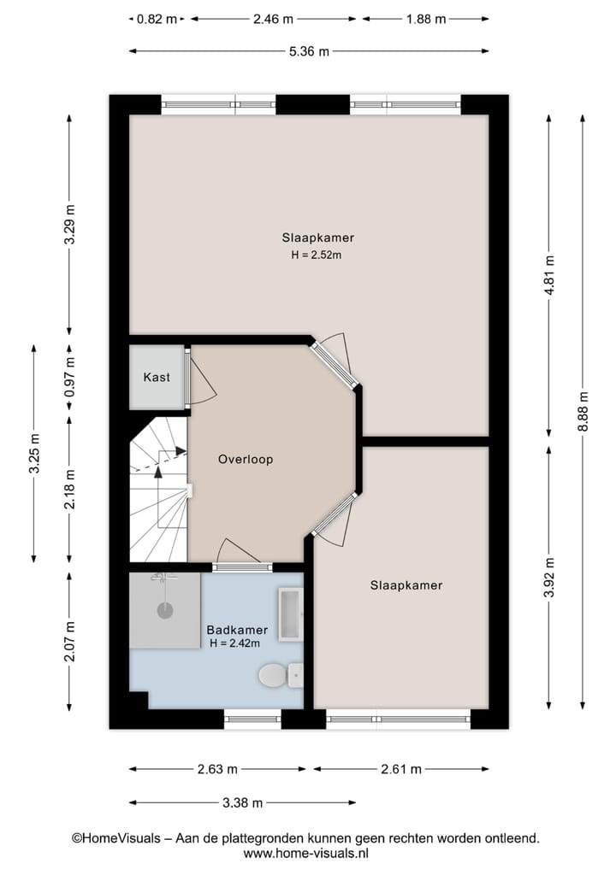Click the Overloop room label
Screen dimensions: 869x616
[x=246, y=459]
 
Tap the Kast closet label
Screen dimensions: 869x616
[x=157, y=377]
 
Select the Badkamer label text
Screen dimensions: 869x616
[x=232, y=630]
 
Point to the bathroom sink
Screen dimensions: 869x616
[x=289, y=613]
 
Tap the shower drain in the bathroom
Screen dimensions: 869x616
[x=164, y=610]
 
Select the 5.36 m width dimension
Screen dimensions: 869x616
[x=309, y=51]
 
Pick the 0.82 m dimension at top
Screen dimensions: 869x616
[x=157, y=18]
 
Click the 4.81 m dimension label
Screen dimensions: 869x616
[x=550, y=275]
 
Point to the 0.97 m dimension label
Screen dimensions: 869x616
[x=70, y=377]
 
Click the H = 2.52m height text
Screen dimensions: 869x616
[x=318, y=254]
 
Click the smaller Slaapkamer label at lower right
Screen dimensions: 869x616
[x=406, y=585]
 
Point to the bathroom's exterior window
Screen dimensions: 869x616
[x=252, y=719]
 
